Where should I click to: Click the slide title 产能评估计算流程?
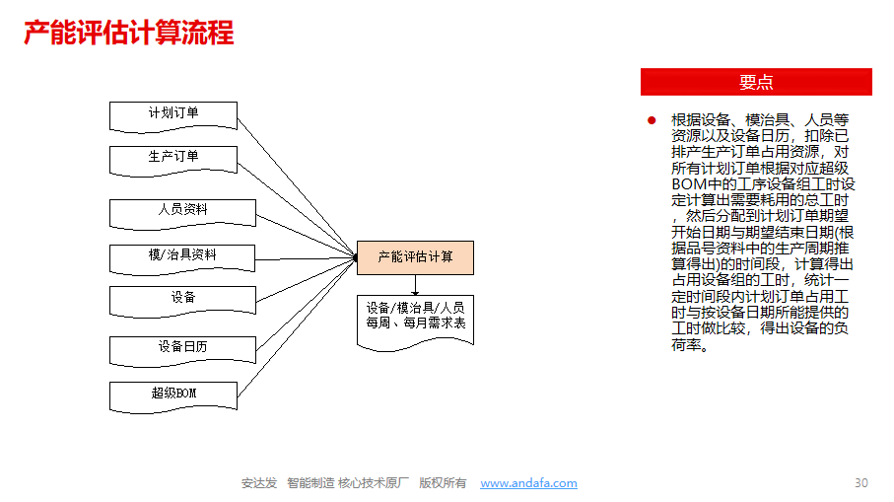[x=129, y=33]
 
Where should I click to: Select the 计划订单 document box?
[x=173, y=117]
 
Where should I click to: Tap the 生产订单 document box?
[x=173, y=161]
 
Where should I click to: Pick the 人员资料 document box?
[x=182, y=214]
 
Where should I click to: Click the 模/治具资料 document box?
[x=182, y=260]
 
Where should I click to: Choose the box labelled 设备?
[x=182, y=302]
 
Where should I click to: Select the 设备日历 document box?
[x=182, y=351]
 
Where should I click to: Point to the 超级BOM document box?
[x=173, y=397]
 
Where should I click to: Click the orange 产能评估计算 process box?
[x=415, y=257]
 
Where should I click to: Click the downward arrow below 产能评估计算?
[x=415, y=285]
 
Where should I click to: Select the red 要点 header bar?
[x=756, y=82]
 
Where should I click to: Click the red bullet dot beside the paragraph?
[x=652, y=120]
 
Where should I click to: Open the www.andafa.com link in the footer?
[x=528, y=483]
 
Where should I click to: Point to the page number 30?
[x=860, y=483]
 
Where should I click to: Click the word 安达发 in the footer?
[x=259, y=483]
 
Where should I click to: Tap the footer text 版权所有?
[x=443, y=483]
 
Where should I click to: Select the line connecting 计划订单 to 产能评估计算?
[x=297, y=187]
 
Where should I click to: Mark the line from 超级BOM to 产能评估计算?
[x=297, y=327]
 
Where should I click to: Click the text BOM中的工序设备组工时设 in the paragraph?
[x=763, y=184]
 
